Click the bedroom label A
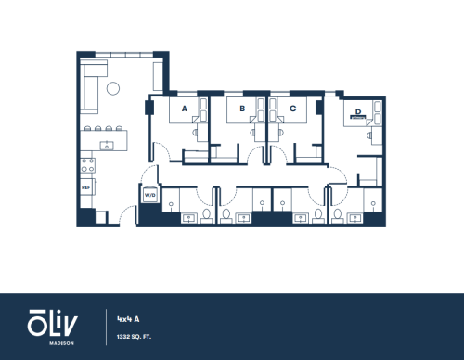point(185,109)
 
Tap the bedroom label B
point(242,109)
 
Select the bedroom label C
point(292,109)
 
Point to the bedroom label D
point(358,111)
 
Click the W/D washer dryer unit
point(150,195)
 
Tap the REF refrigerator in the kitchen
point(87,187)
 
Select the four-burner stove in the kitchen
point(87,165)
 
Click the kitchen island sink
point(107,146)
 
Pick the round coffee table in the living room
point(113,88)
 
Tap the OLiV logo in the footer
point(52,323)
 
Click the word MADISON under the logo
point(61,343)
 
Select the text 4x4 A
point(128,319)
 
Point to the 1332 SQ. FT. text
point(134,337)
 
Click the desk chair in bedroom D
point(369,135)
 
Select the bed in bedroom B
point(242,110)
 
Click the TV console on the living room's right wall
point(158,76)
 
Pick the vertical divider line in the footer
point(107,327)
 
